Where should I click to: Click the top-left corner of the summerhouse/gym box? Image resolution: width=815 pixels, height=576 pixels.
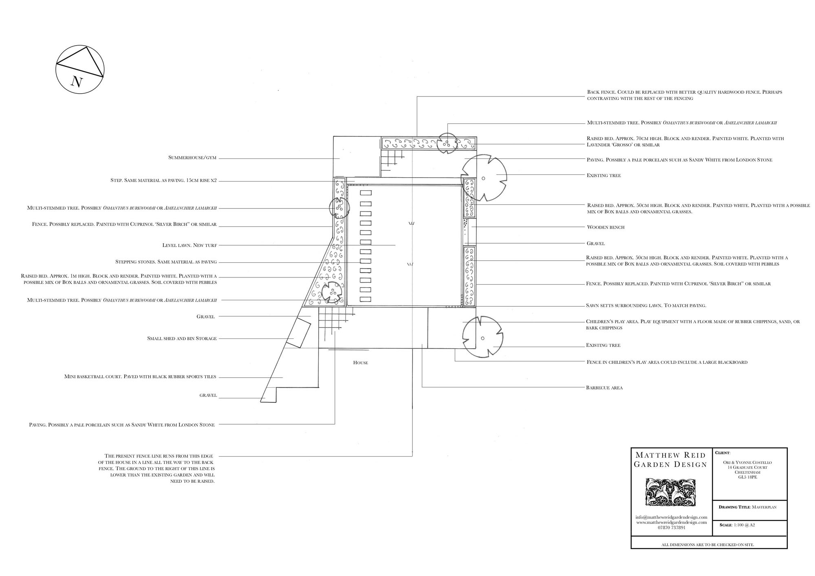pos(333,136)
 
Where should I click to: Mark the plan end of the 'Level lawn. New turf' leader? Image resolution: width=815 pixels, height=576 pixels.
pos(396,245)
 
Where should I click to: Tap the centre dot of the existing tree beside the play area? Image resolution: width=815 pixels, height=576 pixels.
pos(482,338)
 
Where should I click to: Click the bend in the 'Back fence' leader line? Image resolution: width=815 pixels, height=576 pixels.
pos(417,97)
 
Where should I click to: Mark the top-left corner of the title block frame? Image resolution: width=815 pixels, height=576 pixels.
pos(631,448)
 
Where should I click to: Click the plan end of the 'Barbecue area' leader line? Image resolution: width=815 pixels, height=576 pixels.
pos(422,344)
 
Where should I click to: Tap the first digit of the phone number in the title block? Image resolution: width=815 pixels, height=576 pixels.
pos(659,528)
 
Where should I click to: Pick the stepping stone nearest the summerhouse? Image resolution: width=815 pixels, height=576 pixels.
pos(366,193)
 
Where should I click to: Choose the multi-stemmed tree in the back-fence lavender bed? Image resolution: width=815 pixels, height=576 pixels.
pos(447,143)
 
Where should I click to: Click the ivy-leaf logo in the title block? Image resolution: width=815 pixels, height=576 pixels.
pos(670,492)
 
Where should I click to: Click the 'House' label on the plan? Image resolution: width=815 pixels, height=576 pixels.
pos(361,363)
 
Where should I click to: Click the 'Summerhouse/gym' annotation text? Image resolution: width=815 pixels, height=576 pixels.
pos(192,158)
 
